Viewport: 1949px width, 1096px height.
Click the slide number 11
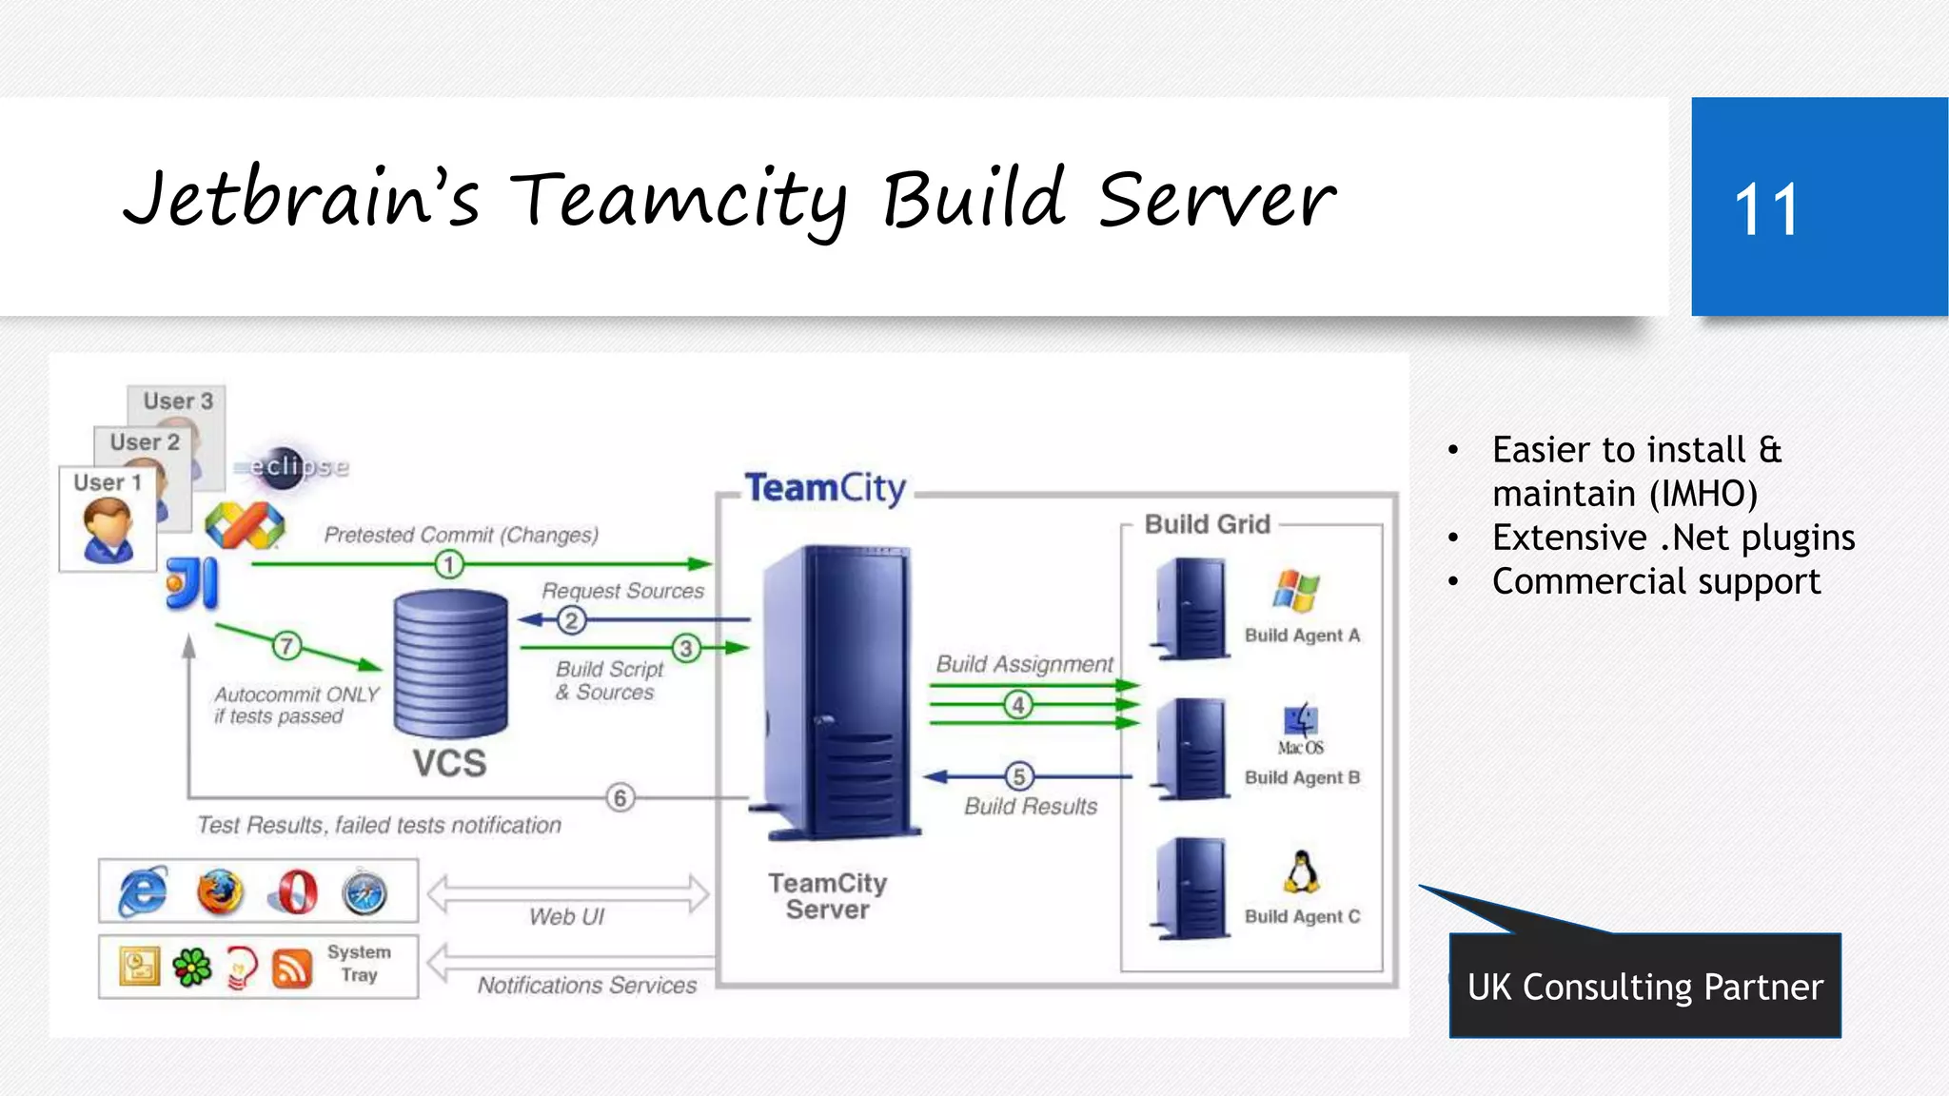pyautogui.click(x=1766, y=209)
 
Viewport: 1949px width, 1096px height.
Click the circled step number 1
pyautogui.click(x=449, y=564)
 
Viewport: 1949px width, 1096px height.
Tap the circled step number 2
pyautogui.click(x=571, y=620)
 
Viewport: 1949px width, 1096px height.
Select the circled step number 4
pyautogui.click(x=1018, y=705)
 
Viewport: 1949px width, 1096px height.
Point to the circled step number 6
pyautogui.click(x=620, y=797)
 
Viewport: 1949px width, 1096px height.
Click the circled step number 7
pyautogui.click(x=286, y=646)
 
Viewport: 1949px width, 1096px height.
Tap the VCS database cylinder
pyautogui.click(x=450, y=663)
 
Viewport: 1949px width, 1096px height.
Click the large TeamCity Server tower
pyautogui.click(x=837, y=693)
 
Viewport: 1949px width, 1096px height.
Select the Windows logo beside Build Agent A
pyautogui.click(x=1296, y=591)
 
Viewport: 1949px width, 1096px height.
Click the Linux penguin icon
pyautogui.click(x=1301, y=871)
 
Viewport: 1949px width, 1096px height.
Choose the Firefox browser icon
pyautogui.click(x=220, y=892)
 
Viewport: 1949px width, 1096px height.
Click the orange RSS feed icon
pyautogui.click(x=292, y=969)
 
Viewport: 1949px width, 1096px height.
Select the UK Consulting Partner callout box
pyautogui.click(x=1644, y=986)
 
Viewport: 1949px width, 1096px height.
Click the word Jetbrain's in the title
pyautogui.click(x=301, y=200)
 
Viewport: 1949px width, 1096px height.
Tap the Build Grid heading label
pyautogui.click(x=1207, y=524)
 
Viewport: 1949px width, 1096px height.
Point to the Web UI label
pyautogui.click(x=567, y=916)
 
